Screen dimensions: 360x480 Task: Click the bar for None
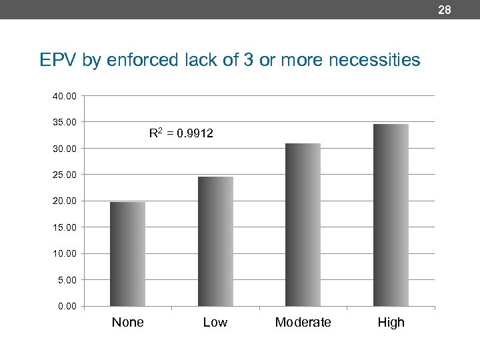tap(127, 253)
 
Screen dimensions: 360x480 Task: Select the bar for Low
tap(215, 241)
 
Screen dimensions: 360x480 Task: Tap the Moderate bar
tap(303, 225)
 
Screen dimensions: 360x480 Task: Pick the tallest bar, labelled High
tap(391, 215)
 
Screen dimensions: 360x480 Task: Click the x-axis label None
tap(127, 323)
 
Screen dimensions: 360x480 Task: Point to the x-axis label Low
tap(215, 323)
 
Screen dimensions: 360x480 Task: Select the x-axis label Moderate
tap(303, 323)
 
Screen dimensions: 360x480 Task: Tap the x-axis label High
tap(391, 323)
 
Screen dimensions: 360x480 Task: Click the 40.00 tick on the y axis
tap(65, 96)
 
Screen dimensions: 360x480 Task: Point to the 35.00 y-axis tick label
tap(65, 122)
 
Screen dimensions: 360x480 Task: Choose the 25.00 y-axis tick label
tap(65, 175)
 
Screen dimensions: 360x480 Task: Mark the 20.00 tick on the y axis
tap(65, 201)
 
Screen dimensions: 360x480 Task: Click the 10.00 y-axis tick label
tap(65, 253)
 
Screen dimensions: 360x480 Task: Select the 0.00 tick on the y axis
tap(67, 306)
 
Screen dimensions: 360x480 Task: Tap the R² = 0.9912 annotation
tap(181, 133)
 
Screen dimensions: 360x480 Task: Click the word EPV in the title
tap(59, 61)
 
